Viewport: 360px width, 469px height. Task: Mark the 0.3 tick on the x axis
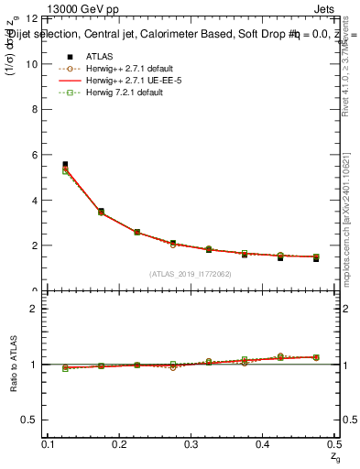point(191,443)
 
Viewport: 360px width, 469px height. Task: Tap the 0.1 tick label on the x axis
point(48,443)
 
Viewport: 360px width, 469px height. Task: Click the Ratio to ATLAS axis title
point(13,363)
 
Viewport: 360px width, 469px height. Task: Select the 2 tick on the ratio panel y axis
point(38,309)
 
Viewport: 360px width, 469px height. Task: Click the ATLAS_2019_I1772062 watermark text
point(191,273)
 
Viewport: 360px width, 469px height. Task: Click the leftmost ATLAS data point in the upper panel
point(64,165)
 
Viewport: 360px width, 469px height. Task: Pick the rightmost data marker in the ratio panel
point(316,357)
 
